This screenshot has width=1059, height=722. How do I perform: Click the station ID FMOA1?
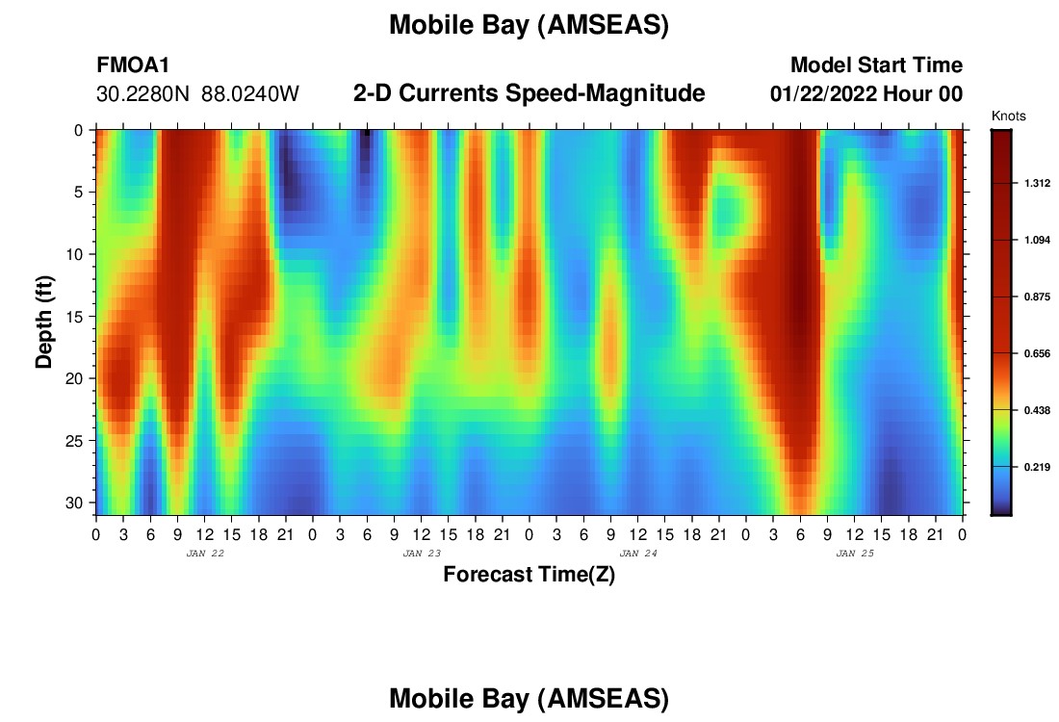tap(133, 64)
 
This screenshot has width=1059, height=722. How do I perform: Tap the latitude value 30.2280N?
tap(143, 94)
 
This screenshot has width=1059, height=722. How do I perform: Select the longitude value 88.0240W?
tap(250, 94)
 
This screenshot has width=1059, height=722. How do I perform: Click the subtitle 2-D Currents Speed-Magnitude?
tap(529, 93)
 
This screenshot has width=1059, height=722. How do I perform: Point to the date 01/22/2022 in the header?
tap(823, 94)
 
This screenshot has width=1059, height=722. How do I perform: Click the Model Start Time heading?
tap(877, 64)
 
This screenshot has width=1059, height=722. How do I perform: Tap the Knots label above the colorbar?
tap(1008, 116)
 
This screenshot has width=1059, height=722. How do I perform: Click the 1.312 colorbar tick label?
tap(1037, 183)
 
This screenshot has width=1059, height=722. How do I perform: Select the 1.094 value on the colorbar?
tap(1037, 240)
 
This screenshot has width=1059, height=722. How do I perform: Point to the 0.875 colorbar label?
tap(1037, 297)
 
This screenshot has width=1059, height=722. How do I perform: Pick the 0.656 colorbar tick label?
tap(1037, 353)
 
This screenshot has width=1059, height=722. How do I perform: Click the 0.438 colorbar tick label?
tap(1037, 410)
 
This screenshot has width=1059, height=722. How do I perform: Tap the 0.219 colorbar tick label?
tap(1037, 467)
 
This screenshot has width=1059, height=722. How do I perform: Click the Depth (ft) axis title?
tap(44, 322)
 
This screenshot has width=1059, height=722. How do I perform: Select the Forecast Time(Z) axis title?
tap(529, 575)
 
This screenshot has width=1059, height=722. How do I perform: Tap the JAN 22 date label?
tap(205, 554)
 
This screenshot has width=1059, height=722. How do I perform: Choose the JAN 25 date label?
tap(855, 554)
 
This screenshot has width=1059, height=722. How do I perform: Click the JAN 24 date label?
tap(638, 554)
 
